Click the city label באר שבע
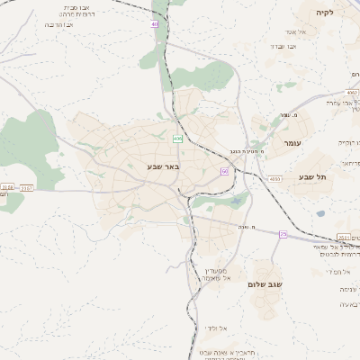coord(165,166)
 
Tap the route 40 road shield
coord(155,24)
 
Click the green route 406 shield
coord(178,138)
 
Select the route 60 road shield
coord(224,171)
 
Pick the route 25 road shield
coord(283,234)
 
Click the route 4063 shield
coord(351,92)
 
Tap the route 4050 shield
coord(274,179)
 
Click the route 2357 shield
coord(26,188)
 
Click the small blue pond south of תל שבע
coord(320,214)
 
